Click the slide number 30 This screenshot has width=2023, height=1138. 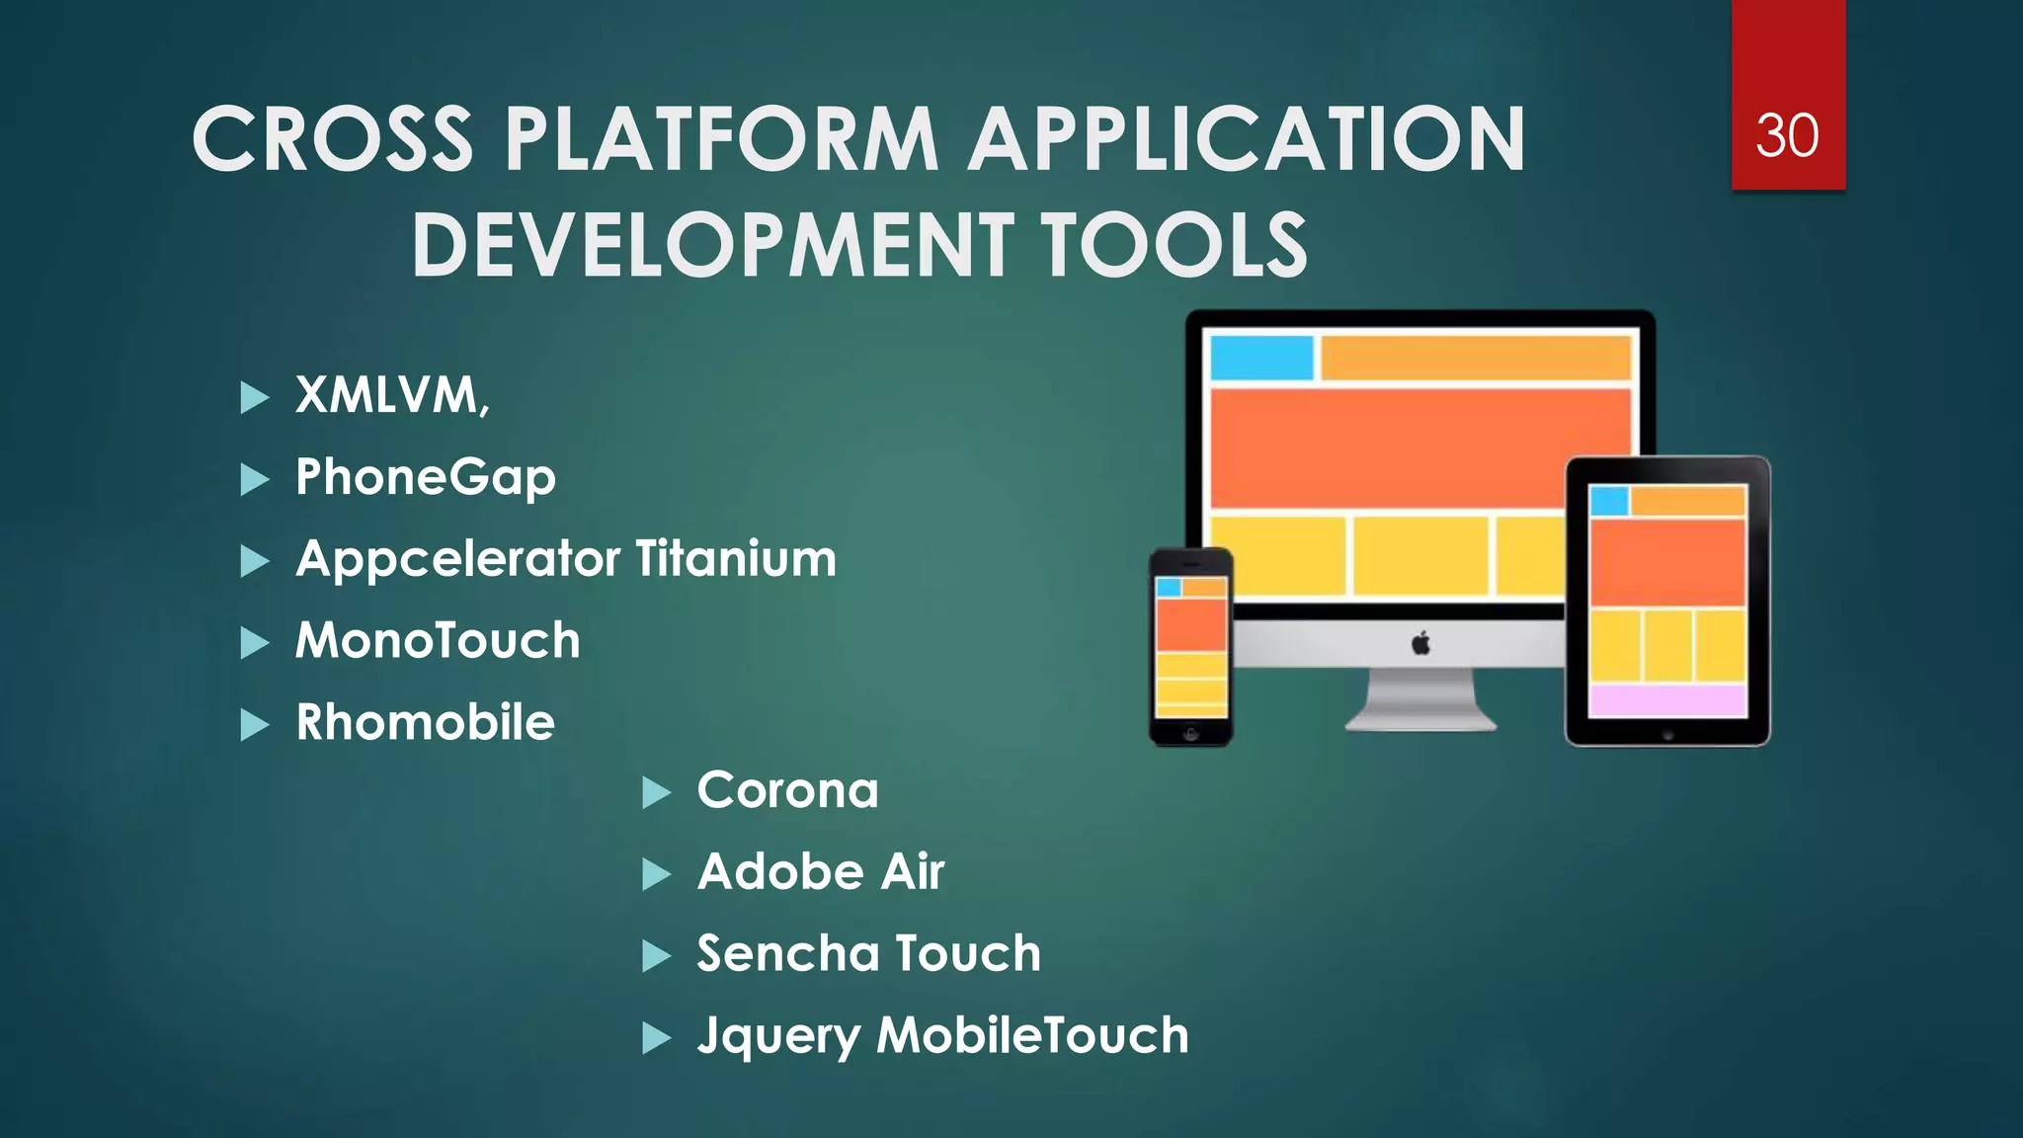(x=1787, y=136)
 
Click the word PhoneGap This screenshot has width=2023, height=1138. (x=426, y=478)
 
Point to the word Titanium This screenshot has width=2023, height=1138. (x=736, y=559)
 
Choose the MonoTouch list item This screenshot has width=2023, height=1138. (x=438, y=641)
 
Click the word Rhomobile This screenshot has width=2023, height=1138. (x=426, y=722)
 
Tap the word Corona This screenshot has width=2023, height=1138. (x=787, y=790)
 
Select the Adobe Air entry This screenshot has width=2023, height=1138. (x=821, y=872)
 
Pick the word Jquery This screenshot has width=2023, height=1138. (x=777, y=1037)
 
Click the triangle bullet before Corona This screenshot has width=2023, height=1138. (x=656, y=792)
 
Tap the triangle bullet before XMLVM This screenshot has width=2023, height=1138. (x=254, y=398)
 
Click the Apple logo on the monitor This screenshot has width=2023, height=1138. (x=1420, y=644)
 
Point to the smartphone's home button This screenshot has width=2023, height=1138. (x=1191, y=734)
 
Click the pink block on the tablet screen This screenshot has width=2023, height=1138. (x=1667, y=700)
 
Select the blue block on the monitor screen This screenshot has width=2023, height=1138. (x=1261, y=358)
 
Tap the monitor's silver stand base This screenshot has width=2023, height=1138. (x=1420, y=718)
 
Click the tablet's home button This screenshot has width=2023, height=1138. (x=1667, y=735)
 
